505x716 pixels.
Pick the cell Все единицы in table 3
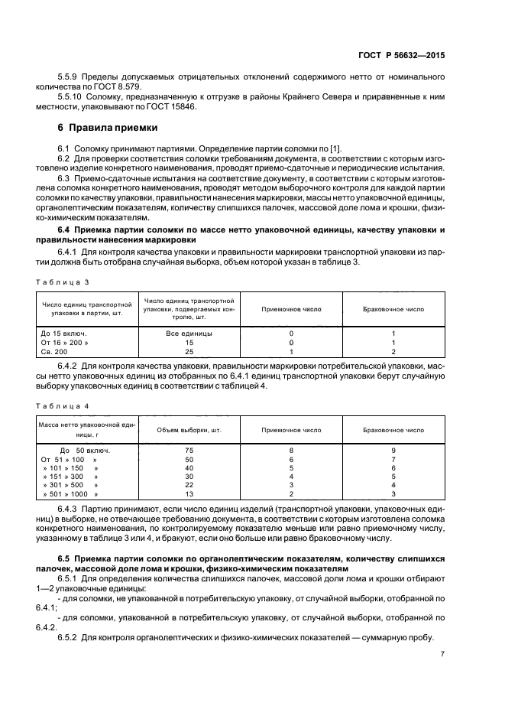[189, 333]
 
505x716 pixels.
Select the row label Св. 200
[56, 351]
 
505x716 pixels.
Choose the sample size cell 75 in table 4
[189, 450]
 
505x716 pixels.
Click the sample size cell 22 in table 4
[189, 485]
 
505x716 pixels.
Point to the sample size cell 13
[189, 494]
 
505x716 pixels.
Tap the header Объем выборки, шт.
[189, 430]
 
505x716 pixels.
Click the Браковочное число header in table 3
[393, 309]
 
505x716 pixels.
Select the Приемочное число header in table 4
[291, 430]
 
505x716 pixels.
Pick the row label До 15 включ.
[63, 333]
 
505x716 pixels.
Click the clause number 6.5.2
[71, 638]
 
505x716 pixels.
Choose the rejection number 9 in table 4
[393, 450]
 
